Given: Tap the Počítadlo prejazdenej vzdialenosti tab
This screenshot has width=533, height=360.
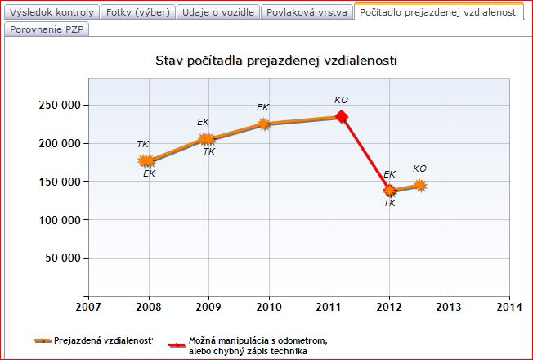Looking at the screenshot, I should [x=439, y=12].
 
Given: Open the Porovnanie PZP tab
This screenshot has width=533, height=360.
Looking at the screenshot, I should [x=47, y=29].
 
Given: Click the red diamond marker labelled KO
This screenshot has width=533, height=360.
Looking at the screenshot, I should [x=342, y=117].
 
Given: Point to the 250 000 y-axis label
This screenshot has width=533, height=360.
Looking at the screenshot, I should [x=57, y=105].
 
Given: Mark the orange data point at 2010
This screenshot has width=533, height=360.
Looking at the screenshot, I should [x=264, y=124].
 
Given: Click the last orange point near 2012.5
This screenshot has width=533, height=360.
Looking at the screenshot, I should [x=420, y=186].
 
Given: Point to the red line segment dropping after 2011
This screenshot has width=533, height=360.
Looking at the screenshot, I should [x=365, y=154].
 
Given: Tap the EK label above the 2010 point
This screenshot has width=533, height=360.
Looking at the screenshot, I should [x=263, y=107].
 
